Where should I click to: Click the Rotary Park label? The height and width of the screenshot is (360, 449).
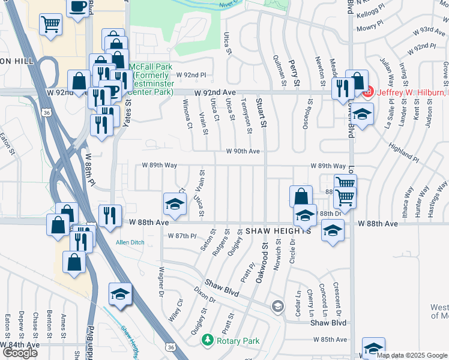(x=238, y=341)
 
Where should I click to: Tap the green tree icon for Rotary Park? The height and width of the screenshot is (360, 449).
(x=208, y=340)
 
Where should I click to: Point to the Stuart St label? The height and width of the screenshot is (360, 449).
(x=262, y=113)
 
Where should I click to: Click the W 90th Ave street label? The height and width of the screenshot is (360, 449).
(x=243, y=151)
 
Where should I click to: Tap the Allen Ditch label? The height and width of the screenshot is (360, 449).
(x=130, y=242)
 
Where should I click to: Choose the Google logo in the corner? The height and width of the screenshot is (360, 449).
(x=20, y=353)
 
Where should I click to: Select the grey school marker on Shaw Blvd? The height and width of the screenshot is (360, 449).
(x=277, y=307)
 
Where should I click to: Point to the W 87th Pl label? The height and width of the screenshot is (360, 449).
(x=182, y=236)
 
